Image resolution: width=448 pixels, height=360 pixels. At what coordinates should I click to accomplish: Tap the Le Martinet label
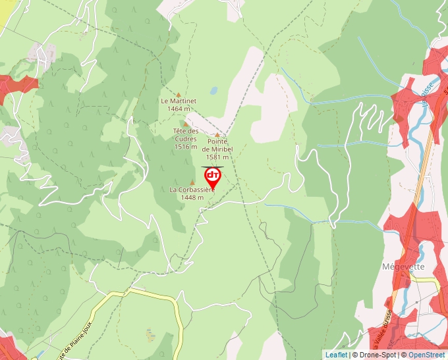point(179,101)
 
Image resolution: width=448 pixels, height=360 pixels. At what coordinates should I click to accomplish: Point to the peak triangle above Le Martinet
point(178,94)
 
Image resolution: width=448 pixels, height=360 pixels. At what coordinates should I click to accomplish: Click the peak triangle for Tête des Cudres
point(186,124)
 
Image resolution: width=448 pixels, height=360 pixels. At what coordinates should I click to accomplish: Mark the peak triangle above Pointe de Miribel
point(217,135)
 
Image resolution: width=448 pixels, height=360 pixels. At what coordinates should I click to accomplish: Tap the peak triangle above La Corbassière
point(192,182)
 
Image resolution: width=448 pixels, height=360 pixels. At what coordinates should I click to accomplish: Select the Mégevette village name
point(404,267)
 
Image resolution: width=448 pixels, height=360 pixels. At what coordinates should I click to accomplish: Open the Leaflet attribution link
point(336,355)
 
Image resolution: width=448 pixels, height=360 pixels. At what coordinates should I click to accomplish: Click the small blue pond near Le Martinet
point(213,91)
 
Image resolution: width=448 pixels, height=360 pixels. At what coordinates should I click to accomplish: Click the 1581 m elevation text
point(217,157)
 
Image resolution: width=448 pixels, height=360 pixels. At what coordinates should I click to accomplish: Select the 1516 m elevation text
point(186,147)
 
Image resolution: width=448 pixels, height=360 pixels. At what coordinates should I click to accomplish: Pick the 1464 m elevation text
point(179,109)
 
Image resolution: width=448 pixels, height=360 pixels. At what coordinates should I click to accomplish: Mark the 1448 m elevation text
point(192,197)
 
